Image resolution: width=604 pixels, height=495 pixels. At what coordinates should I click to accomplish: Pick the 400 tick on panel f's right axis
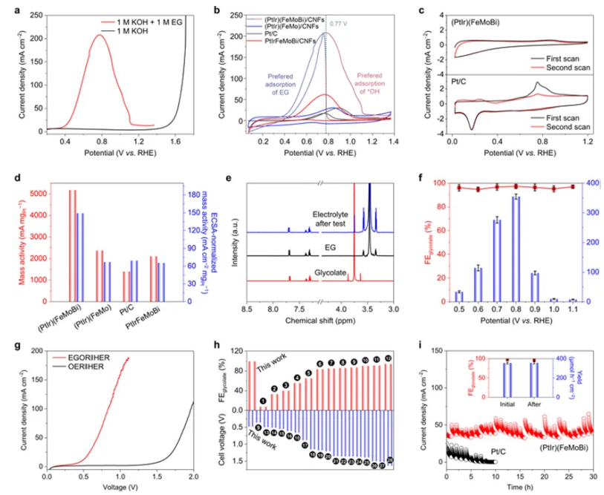[591, 183]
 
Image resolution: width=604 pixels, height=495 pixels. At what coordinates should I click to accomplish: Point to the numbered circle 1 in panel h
[262, 401]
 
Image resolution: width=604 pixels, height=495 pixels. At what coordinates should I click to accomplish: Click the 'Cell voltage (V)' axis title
[225, 444]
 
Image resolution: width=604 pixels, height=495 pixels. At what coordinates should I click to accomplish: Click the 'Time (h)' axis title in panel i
[521, 486]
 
